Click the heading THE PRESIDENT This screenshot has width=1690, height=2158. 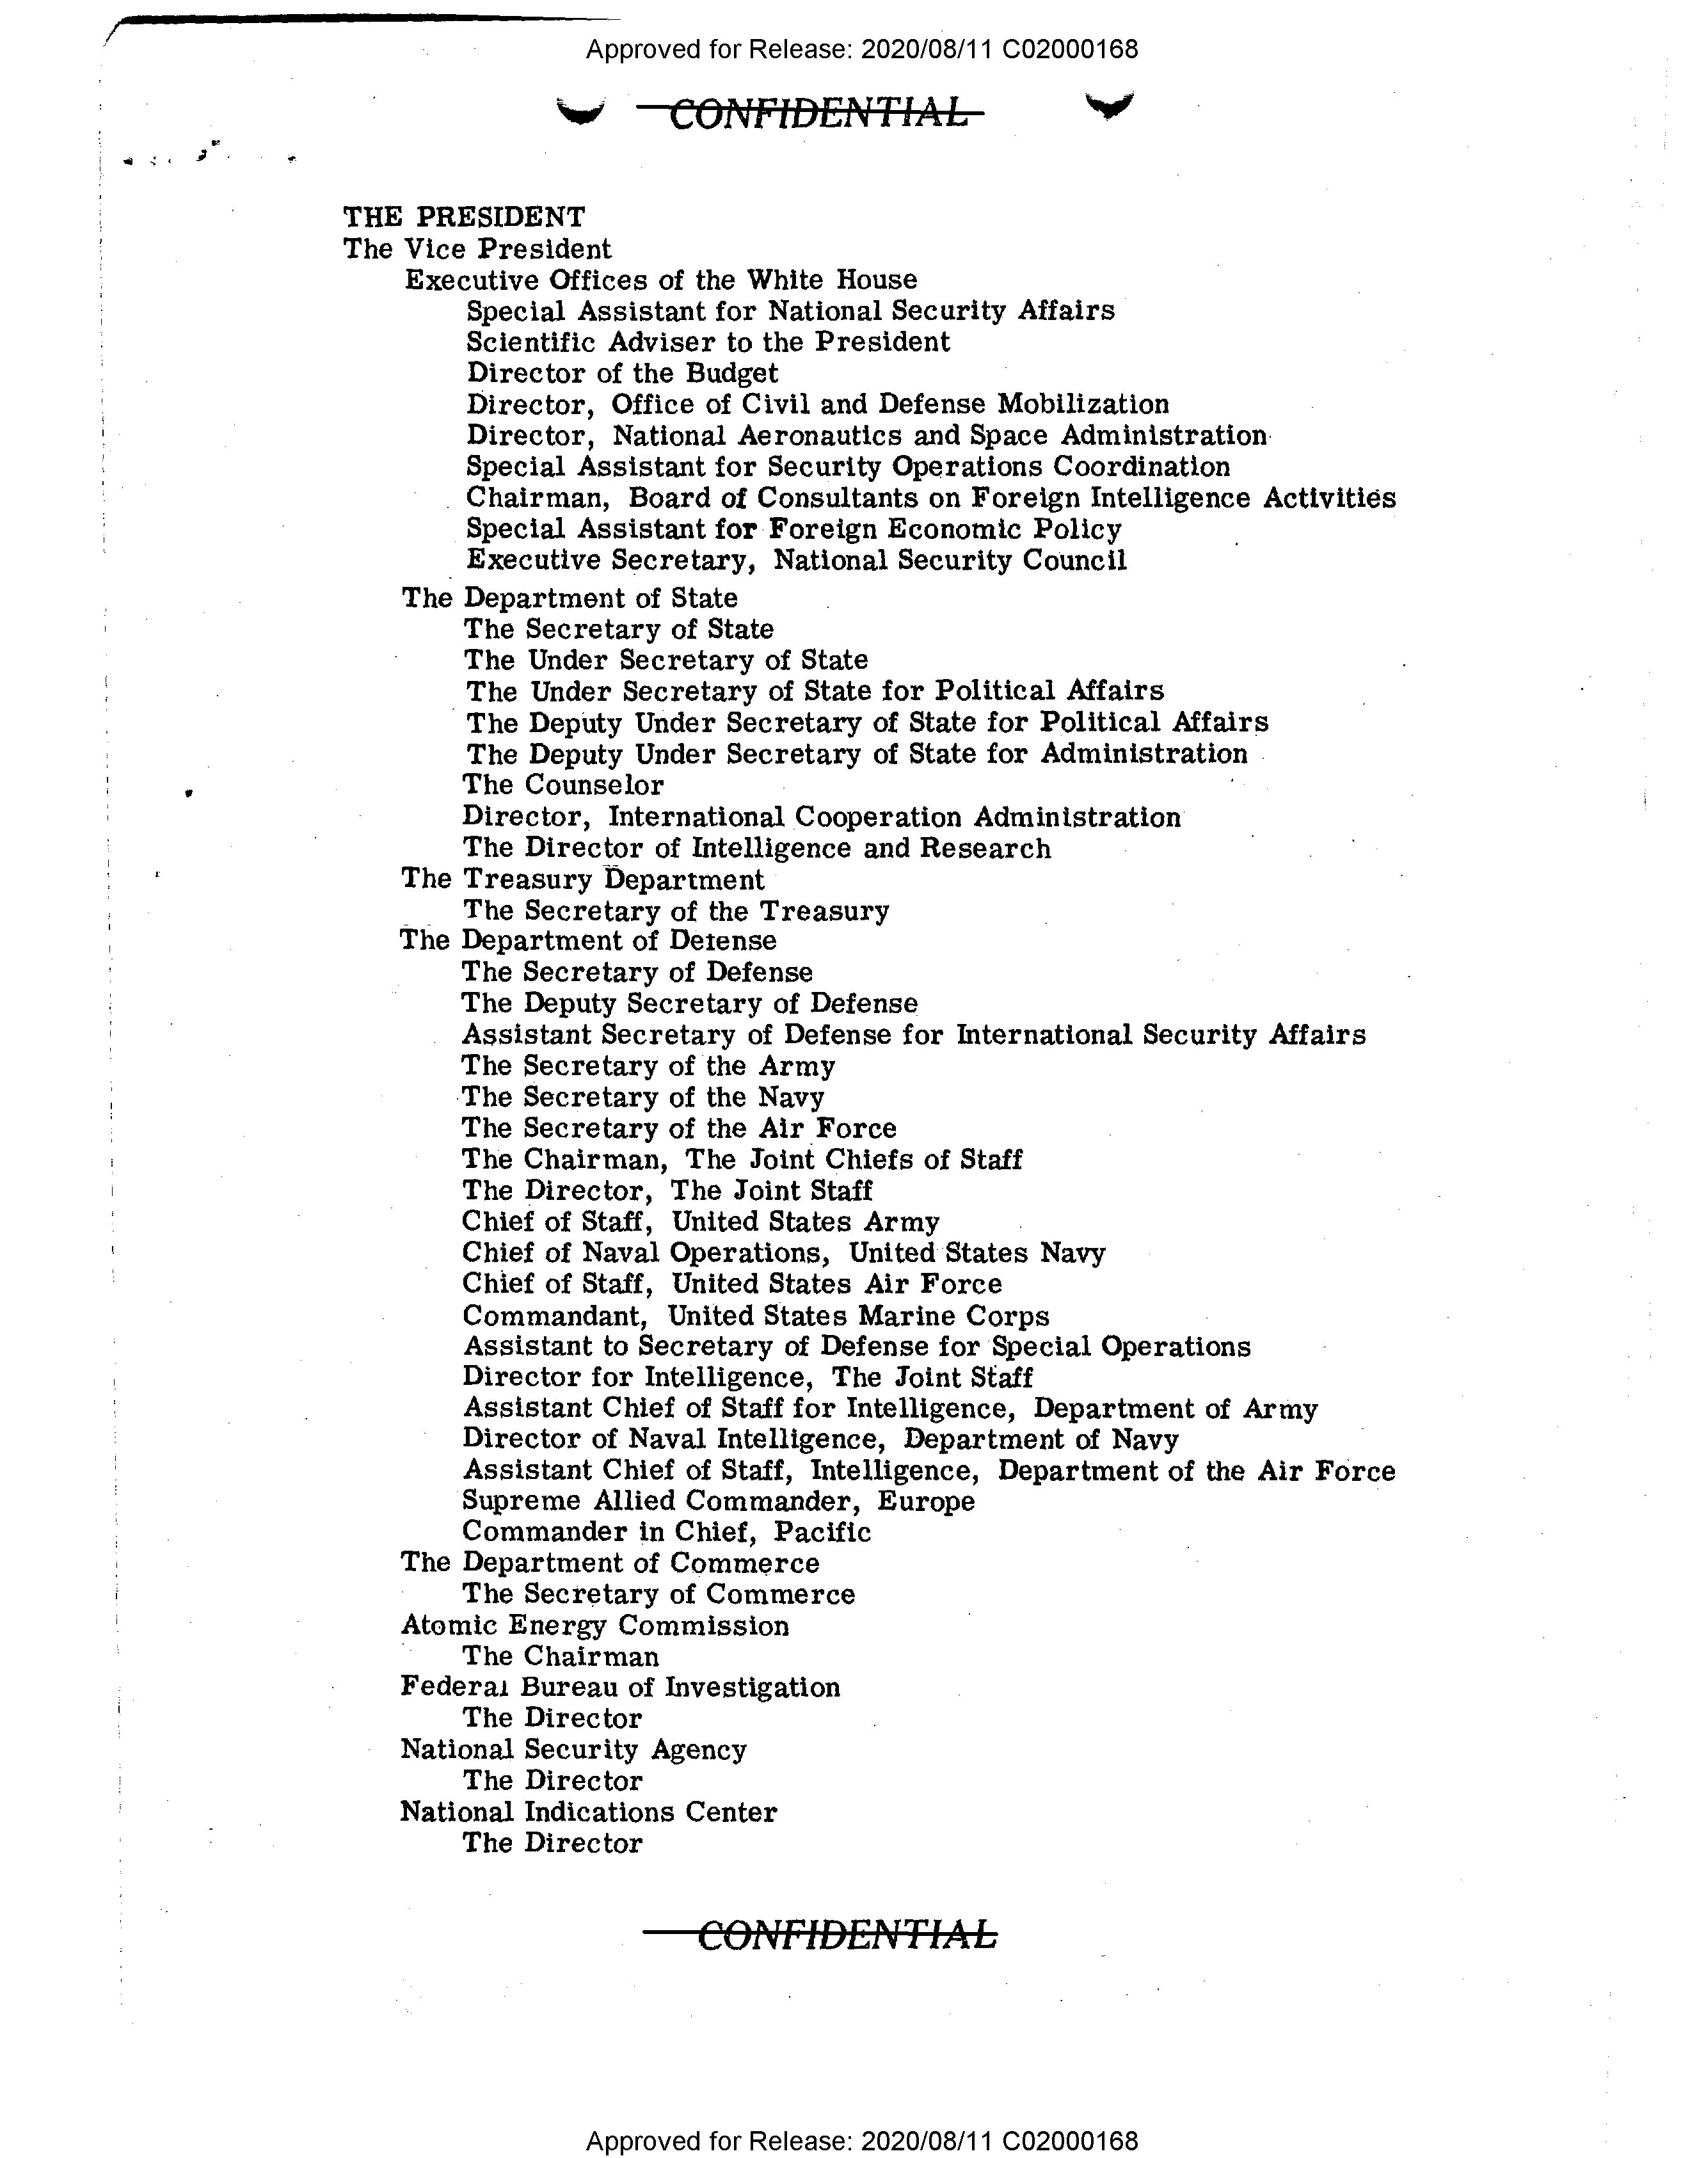(464, 217)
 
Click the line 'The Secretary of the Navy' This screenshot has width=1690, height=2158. (642, 1098)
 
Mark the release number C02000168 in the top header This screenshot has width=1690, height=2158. (1069, 49)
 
